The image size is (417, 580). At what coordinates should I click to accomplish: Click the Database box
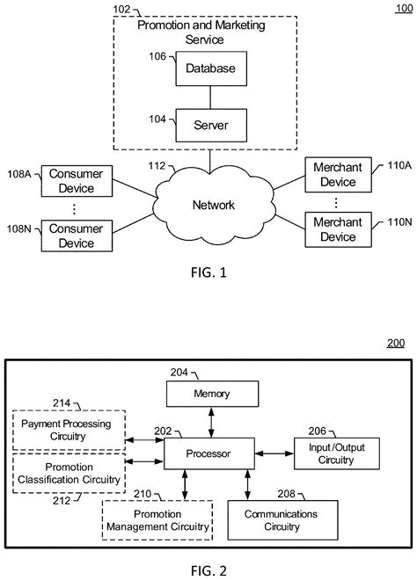pos(210,67)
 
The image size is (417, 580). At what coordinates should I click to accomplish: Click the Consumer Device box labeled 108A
pos(75,181)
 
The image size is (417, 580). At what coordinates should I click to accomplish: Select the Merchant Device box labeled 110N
pos(339,229)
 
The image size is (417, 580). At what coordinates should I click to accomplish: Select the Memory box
pos(211,394)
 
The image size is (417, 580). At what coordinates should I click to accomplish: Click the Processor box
pos(209,453)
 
